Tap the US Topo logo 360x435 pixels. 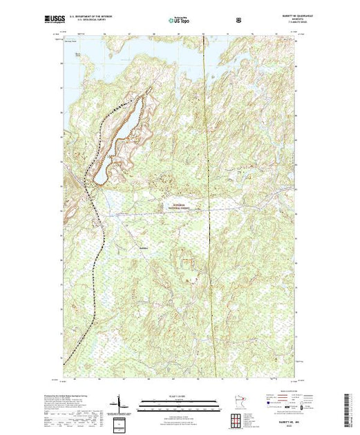(x=180, y=21)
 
